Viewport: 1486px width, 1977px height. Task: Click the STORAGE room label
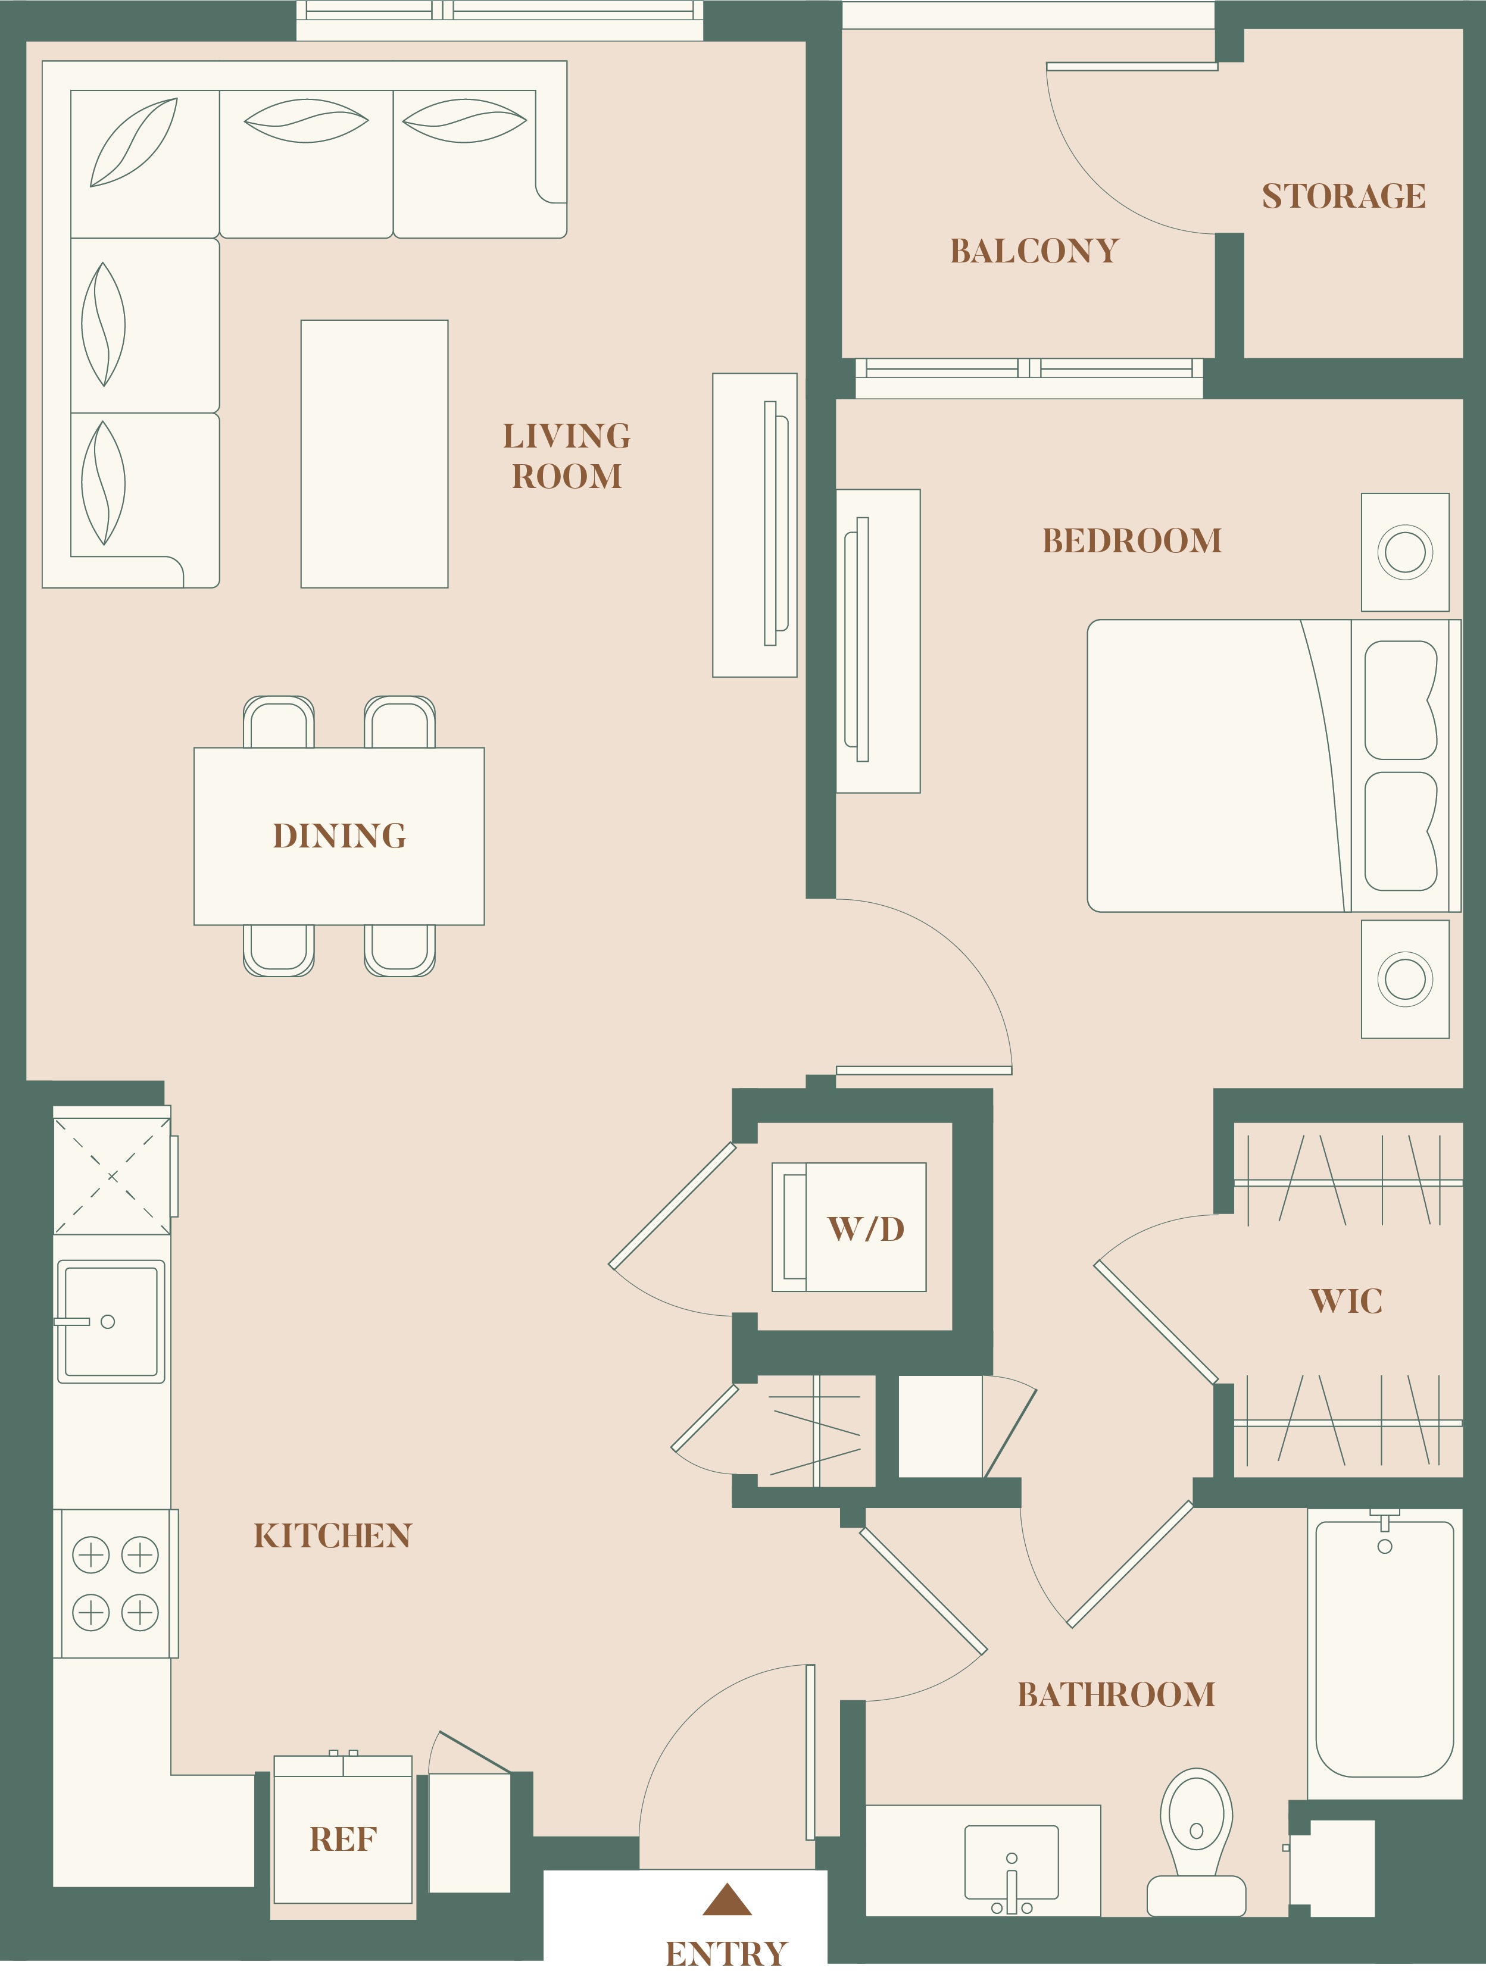tap(1344, 196)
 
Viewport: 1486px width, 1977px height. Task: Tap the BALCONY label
tap(1035, 251)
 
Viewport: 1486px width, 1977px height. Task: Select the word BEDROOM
tap(1132, 541)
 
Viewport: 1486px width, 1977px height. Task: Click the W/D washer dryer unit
tap(848, 1227)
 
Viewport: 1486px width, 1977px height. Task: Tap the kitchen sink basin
tap(111, 1321)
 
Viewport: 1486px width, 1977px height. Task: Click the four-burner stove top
tap(115, 1584)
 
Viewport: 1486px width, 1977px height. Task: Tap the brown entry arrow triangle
tap(727, 1899)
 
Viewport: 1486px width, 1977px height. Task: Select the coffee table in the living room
tap(374, 454)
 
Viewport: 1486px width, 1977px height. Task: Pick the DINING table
tap(339, 836)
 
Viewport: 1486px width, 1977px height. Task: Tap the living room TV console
tap(755, 525)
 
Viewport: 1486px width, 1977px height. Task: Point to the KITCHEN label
tap(333, 1535)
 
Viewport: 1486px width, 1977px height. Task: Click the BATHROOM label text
tap(1117, 1694)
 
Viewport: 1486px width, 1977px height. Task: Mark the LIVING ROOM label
tap(567, 456)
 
